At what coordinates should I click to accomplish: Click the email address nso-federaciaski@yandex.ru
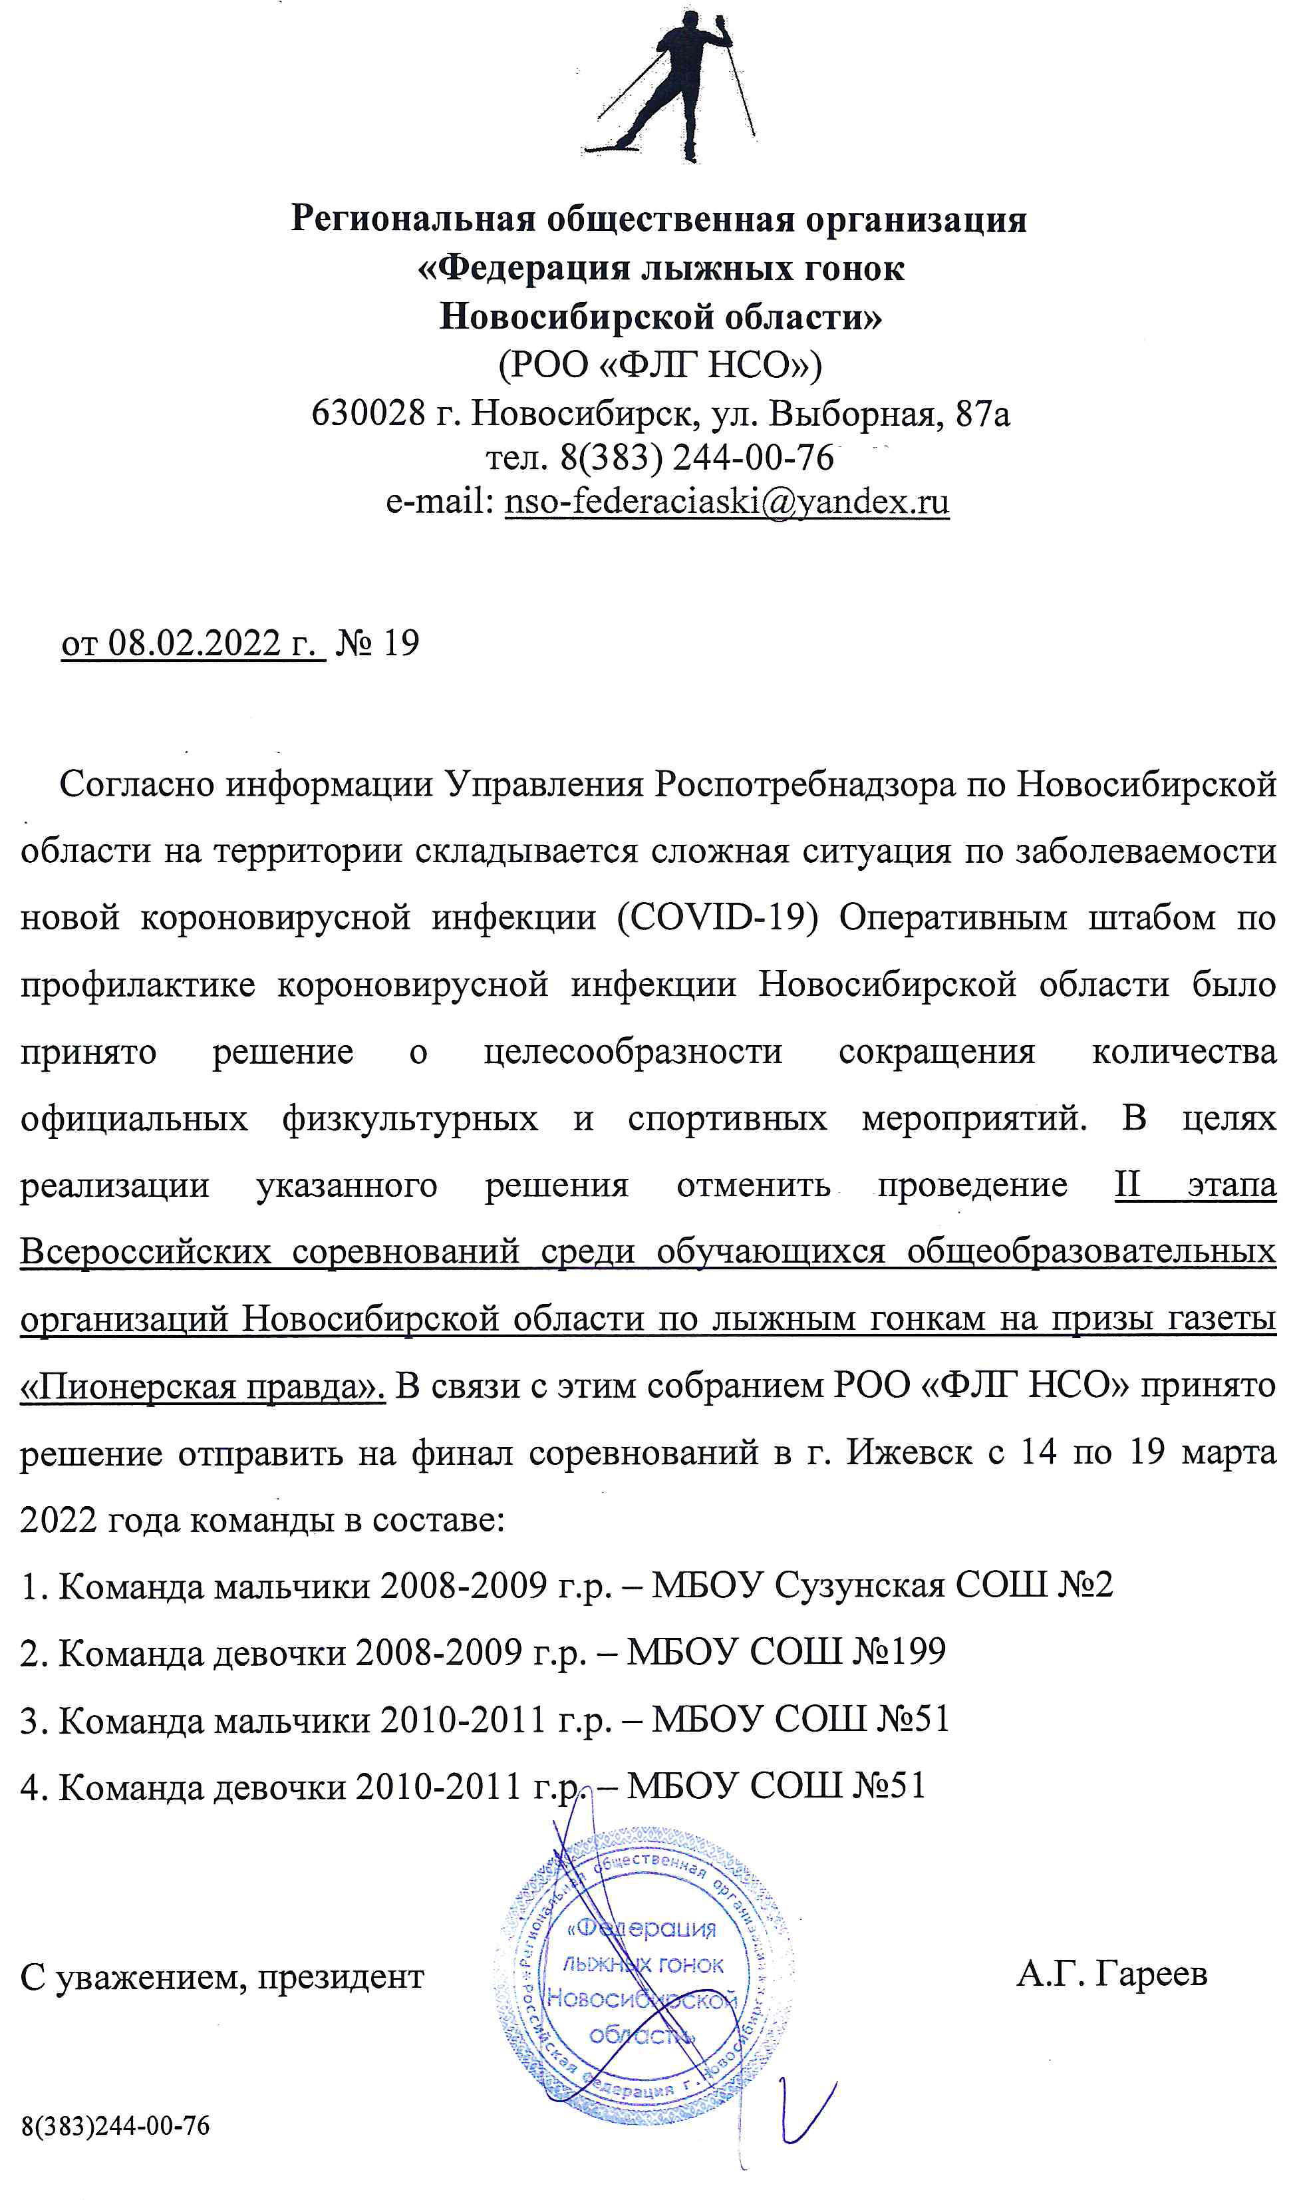point(726,502)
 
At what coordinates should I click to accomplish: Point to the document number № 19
point(377,643)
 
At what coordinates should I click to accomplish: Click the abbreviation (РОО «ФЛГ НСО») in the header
point(659,365)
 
